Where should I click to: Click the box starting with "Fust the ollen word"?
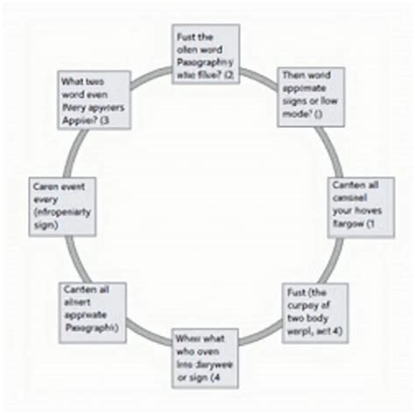click(207, 54)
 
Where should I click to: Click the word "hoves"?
click(367, 211)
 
